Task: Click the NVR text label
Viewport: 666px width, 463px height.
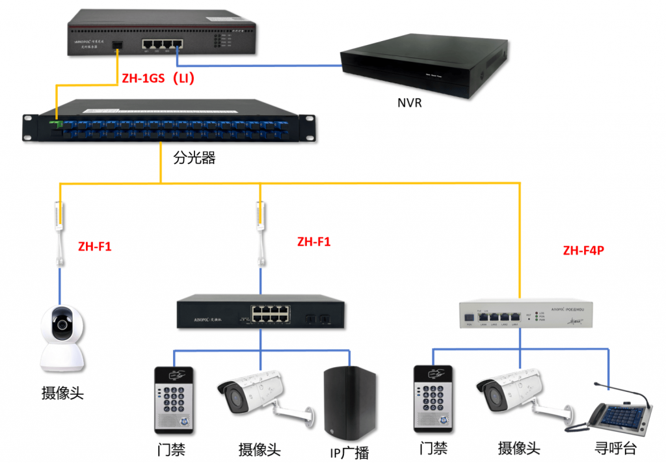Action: (x=410, y=103)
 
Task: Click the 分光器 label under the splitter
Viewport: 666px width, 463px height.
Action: (x=194, y=158)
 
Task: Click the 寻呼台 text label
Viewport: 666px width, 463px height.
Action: (x=615, y=449)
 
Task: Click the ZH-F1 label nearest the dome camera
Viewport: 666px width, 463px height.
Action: (x=95, y=247)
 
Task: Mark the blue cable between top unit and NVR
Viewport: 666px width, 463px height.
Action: (x=260, y=65)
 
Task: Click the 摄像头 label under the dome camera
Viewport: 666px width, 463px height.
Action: (x=62, y=393)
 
